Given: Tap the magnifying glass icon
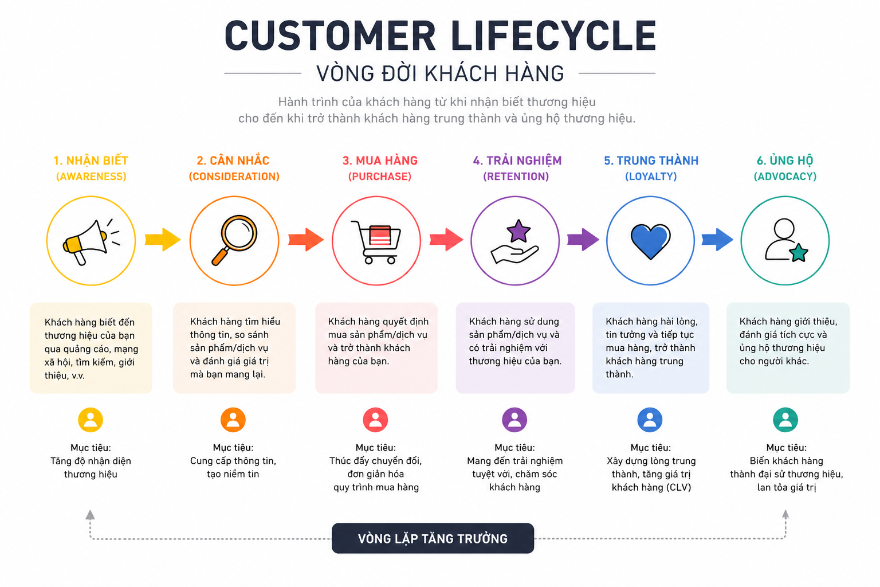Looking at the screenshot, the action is point(234,240).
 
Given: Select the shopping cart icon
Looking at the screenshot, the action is point(376,241).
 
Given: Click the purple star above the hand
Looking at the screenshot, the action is point(518,231).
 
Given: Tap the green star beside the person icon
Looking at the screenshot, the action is point(798,253).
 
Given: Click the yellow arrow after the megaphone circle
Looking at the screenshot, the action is point(163,240).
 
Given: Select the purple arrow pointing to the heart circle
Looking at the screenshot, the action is point(583,240).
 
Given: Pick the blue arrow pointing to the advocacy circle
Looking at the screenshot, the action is point(717,240).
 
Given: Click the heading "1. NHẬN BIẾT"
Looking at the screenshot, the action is point(91,161).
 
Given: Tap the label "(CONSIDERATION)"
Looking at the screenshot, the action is point(234,177).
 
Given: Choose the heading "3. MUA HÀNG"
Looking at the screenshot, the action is point(380,161).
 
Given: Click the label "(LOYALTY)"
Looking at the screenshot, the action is point(651,177).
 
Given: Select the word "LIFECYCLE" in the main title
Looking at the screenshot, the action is point(553,36).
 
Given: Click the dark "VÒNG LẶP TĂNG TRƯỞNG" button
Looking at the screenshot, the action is point(433,538).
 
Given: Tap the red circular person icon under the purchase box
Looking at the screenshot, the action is point(375,420).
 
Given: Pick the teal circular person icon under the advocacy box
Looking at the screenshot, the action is point(785,420).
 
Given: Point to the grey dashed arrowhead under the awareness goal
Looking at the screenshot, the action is point(91,515).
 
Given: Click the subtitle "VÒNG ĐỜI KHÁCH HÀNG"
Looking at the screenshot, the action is point(440,73).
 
